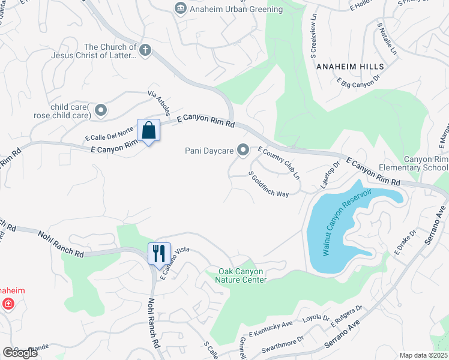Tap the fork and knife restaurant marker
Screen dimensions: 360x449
[x=159, y=253]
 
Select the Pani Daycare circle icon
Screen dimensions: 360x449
[x=243, y=150]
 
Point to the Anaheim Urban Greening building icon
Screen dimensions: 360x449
[x=179, y=9]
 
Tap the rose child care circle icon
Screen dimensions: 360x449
[x=101, y=110]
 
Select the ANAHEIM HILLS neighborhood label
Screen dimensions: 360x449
[x=345, y=66]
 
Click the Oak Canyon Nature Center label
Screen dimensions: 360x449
[x=241, y=275]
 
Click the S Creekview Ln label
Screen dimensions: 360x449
[x=313, y=34]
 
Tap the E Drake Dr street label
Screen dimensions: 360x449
[x=405, y=241]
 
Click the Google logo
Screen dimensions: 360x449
[x=20, y=352]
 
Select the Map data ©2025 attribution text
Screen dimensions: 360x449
[x=423, y=355]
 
